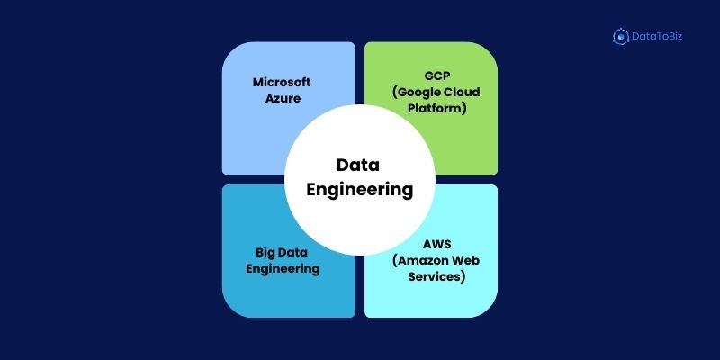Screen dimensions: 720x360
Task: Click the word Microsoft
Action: point(282,82)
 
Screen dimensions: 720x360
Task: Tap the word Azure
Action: point(283,98)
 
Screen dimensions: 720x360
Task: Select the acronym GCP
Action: point(437,76)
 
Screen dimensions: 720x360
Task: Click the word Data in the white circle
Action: point(358,165)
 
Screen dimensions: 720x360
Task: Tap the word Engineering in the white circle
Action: point(359,190)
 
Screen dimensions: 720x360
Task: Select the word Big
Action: point(264,253)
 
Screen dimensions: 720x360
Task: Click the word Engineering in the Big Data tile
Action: point(283,269)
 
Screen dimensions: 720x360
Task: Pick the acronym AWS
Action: point(437,244)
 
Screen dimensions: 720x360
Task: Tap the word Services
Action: point(434,277)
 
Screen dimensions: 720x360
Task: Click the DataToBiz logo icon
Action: point(621,36)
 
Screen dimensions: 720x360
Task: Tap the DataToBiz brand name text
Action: point(657,36)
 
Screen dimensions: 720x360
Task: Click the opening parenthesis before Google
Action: point(395,93)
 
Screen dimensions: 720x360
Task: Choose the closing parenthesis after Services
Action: point(463,277)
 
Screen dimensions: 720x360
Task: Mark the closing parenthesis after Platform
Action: point(463,109)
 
